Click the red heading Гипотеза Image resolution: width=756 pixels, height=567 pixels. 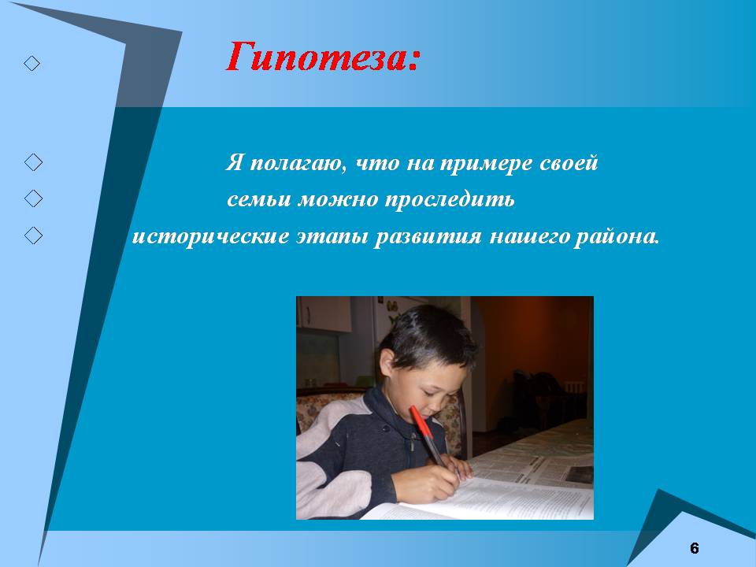323,57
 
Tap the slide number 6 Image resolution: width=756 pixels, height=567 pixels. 695,548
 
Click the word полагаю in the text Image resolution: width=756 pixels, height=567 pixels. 298,163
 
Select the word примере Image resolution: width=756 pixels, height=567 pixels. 486,164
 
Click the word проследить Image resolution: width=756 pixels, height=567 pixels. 450,199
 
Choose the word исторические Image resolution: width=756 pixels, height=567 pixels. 210,237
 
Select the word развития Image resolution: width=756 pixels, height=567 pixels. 428,237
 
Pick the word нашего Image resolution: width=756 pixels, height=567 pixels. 529,237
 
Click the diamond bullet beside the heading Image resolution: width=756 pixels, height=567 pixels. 31,63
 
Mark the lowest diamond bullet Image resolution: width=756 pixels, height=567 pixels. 33,235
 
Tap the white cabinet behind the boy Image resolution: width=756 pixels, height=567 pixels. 325,313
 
